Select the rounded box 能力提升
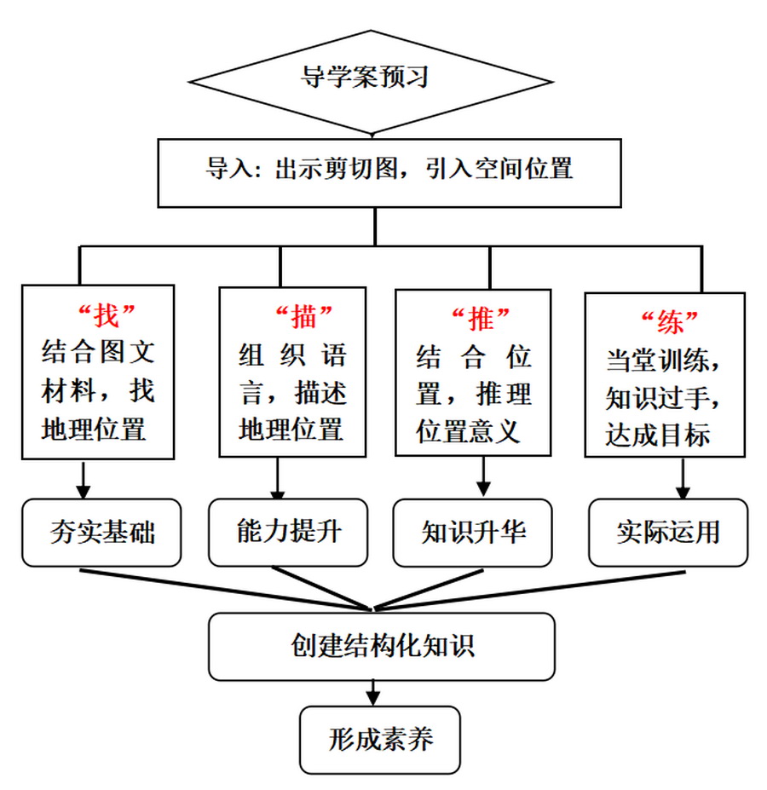click(289, 531)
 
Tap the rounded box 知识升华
click(474, 533)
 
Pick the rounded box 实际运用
click(668, 533)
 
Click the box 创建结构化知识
click(381, 645)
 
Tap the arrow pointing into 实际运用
click(681, 482)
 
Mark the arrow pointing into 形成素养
click(372, 693)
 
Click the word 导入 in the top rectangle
click(224, 169)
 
